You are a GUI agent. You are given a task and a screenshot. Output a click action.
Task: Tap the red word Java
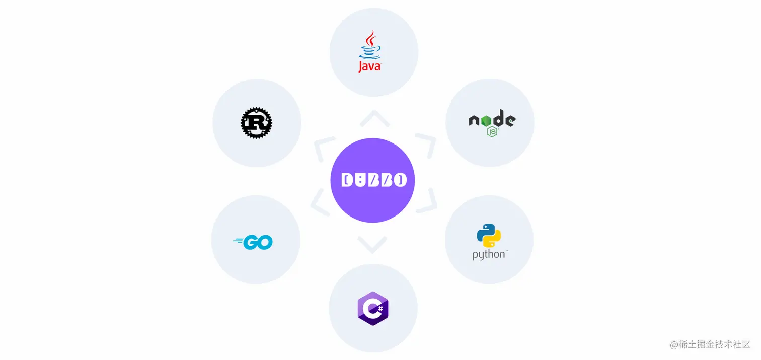pos(369,66)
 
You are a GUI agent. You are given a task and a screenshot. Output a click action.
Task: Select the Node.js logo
pos(492,123)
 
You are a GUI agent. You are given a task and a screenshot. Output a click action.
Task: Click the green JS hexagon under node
pos(492,132)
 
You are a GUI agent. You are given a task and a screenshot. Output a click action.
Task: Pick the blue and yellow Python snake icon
pos(489,235)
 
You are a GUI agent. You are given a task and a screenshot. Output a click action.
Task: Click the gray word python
pos(489,254)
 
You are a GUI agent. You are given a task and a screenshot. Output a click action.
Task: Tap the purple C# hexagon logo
pos(373,308)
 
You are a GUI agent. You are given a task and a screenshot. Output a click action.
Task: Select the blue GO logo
pos(253,242)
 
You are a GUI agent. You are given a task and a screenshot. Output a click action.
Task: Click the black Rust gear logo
pos(256,123)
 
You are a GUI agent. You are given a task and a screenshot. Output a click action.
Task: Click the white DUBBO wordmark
pos(373,180)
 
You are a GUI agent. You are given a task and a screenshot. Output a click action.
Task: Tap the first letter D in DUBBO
pos(347,180)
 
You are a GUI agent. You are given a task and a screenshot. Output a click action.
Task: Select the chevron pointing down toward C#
pos(372,245)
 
